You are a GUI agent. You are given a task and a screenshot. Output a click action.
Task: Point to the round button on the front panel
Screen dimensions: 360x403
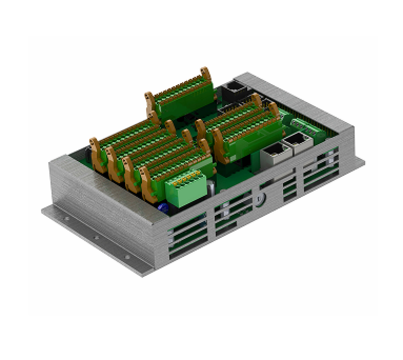[x=259, y=197]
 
